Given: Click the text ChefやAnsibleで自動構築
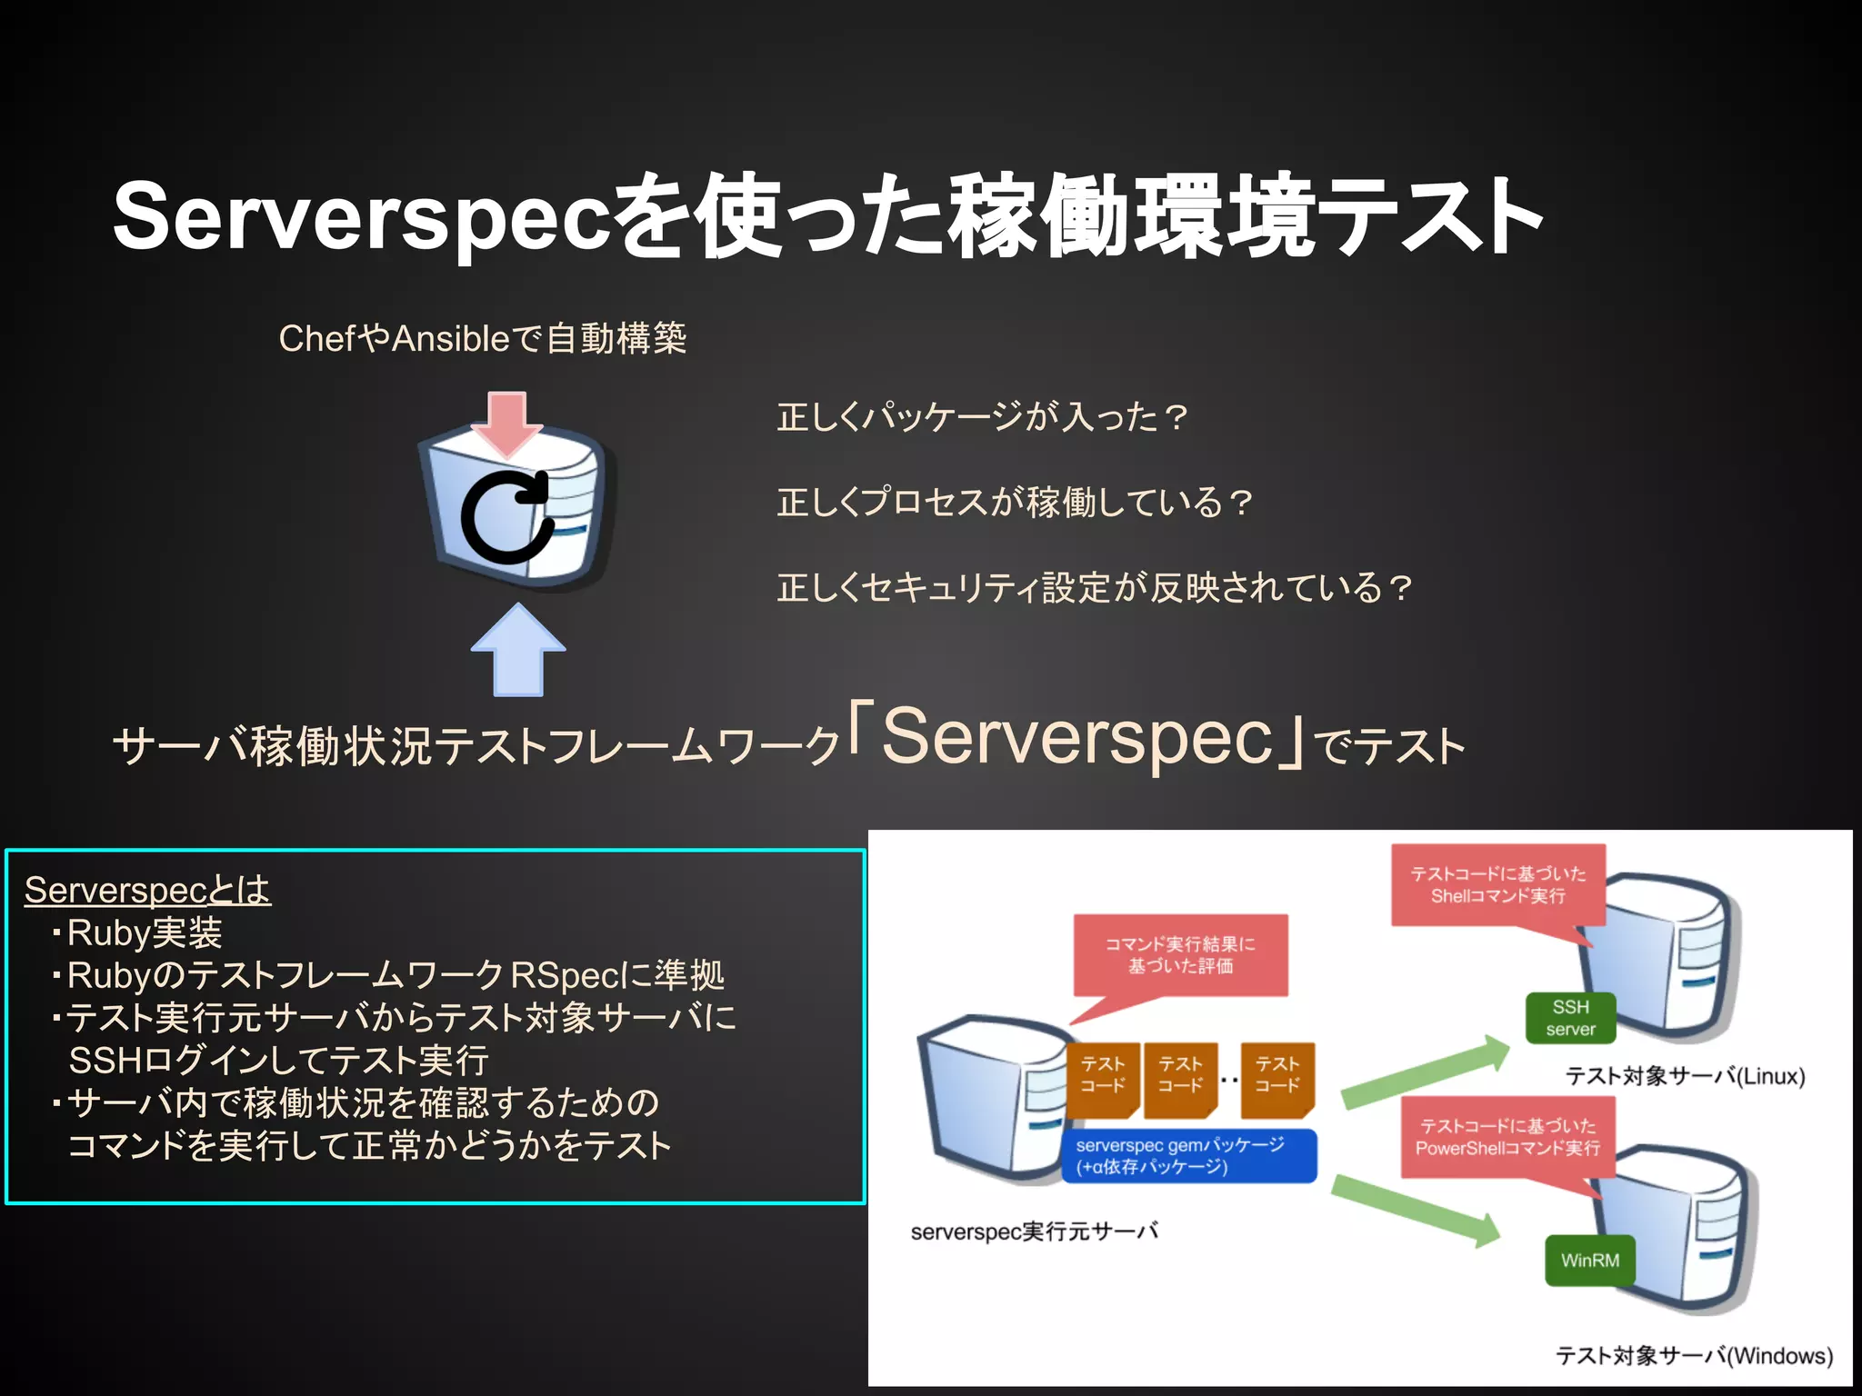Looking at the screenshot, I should (x=482, y=339).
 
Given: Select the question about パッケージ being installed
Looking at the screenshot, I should (x=982, y=417).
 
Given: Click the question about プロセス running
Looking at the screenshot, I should (x=1015, y=502).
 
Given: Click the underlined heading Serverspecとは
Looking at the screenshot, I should (x=147, y=890).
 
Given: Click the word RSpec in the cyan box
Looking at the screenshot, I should (x=565, y=975).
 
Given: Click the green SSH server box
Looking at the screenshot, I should (x=1570, y=1018).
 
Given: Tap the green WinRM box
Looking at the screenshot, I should (x=1589, y=1261).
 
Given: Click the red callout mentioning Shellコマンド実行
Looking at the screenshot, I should (x=1497, y=885).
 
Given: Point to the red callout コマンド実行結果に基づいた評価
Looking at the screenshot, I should (x=1180, y=955).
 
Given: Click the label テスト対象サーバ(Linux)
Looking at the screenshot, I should (x=1685, y=1076).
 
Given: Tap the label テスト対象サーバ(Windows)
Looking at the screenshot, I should (x=1694, y=1356).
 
